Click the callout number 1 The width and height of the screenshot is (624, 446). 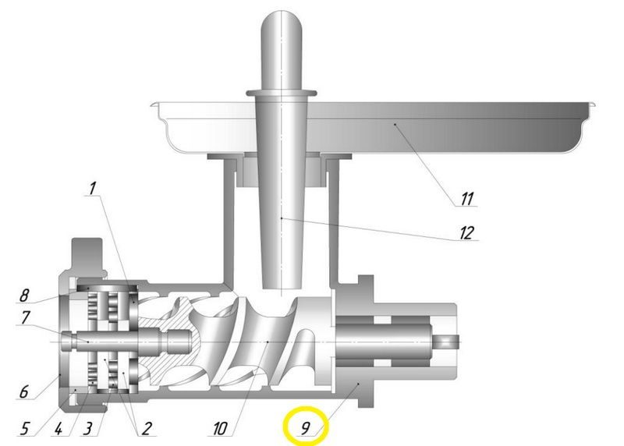[x=93, y=188]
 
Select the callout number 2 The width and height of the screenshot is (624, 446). [x=147, y=429]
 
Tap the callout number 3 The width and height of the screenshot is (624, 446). [x=88, y=429]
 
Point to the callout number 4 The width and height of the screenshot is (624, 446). [x=58, y=429]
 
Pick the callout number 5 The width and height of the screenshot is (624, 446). [x=25, y=429]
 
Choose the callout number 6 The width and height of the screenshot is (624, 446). [x=24, y=391]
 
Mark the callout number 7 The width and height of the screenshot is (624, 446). [x=26, y=317]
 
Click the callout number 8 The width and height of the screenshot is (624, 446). [x=24, y=295]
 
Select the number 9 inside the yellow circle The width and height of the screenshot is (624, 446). [x=305, y=428]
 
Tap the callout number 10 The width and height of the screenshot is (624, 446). [x=220, y=429]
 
